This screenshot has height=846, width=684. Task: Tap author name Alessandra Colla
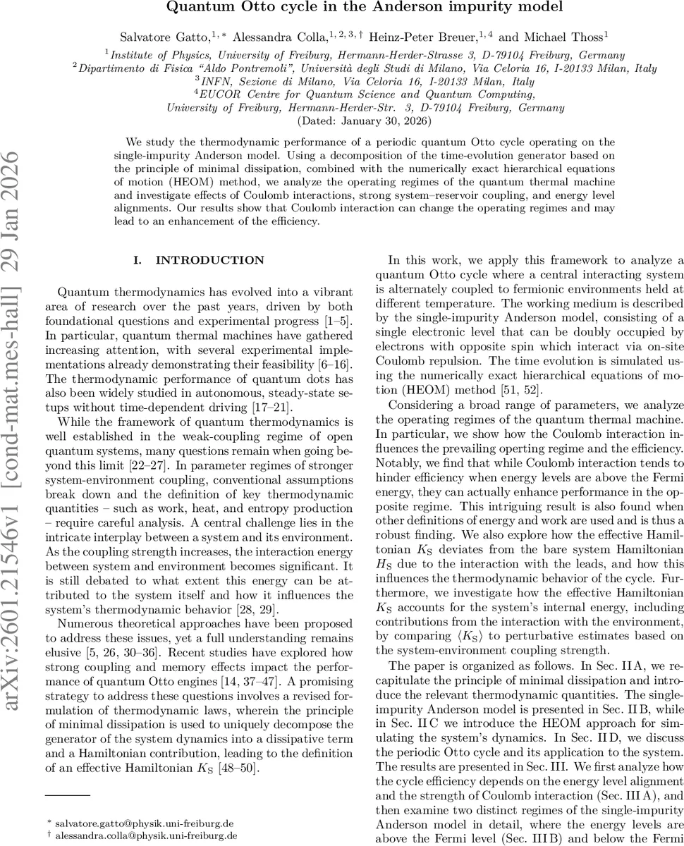coord(276,35)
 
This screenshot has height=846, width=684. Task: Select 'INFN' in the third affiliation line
coord(219,82)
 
